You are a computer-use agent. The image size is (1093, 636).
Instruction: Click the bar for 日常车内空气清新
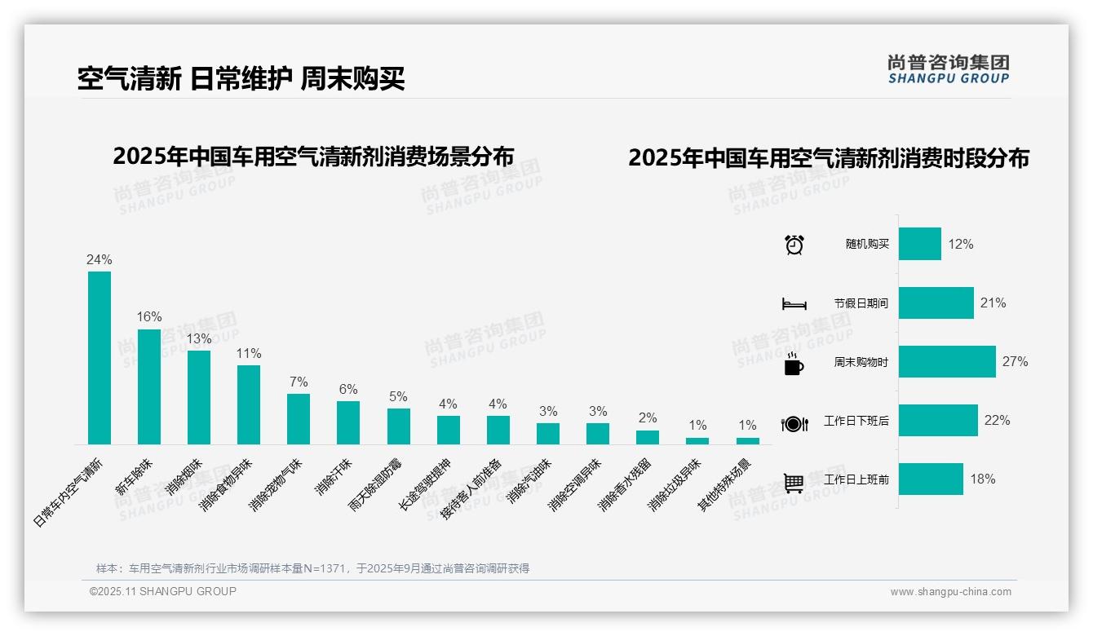tap(100, 358)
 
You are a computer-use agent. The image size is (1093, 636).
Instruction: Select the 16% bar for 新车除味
tap(149, 386)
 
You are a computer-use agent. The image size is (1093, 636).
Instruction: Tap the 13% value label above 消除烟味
tap(199, 338)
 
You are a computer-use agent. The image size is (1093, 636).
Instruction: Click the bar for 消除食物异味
tap(249, 404)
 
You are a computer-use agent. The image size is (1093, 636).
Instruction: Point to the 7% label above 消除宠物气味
tap(299, 382)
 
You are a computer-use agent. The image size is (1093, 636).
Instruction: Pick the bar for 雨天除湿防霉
tap(398, 426)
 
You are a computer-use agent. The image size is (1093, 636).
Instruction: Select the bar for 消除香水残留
tap(647, 437)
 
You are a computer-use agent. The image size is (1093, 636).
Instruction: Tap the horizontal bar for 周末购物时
tap(947, 361)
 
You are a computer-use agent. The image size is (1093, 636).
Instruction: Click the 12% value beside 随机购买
tap(960, 244)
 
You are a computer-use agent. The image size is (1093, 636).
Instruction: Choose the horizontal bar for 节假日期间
tap(936, 303)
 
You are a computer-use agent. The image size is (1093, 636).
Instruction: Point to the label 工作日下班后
tap(856, 421)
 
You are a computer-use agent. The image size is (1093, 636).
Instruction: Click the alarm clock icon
tap(794, 245)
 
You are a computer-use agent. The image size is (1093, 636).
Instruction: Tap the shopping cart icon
tap(794, 483)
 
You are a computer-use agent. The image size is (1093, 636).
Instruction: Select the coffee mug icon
tap(793, 364)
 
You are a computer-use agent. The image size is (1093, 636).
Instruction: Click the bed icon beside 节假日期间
tap(794, 304)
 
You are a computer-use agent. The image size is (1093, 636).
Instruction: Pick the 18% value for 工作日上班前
tap(982, 479)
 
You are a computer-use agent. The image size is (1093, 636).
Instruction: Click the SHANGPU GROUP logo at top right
tap(948, 68)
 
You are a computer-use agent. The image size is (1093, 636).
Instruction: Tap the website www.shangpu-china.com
tap(950, 592)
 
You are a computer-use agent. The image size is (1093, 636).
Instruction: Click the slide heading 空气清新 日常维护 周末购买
tap(241, 78)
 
